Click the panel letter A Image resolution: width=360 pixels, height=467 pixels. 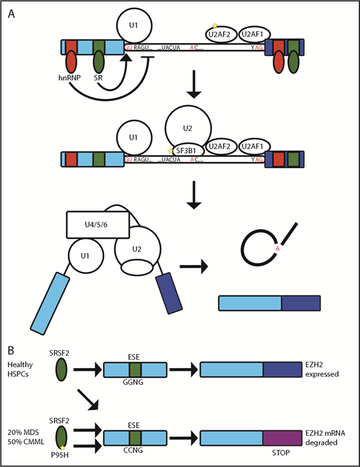point(10,13)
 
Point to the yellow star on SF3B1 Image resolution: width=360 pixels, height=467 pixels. point(171,151)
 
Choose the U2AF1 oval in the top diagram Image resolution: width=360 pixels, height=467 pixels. point(253,29)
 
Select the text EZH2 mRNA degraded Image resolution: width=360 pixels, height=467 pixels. point(327,437)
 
